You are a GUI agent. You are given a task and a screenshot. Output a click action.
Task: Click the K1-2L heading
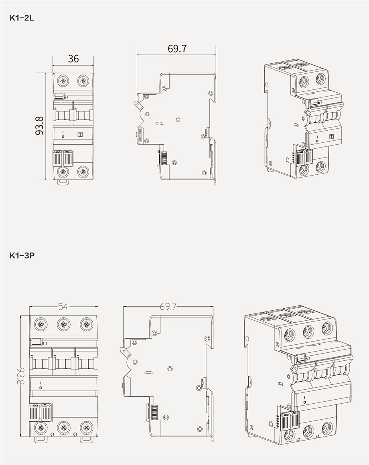pos(22,18)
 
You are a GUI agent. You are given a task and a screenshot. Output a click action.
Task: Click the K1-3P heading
pos(22,255)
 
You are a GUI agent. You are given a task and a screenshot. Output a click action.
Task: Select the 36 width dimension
pos(73,59)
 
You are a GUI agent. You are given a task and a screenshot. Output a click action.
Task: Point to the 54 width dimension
pos(63,307)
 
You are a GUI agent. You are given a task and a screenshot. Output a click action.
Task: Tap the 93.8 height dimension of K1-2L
pos(39,126)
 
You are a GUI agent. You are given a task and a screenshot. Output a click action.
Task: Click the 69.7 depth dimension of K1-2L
pos(177,49)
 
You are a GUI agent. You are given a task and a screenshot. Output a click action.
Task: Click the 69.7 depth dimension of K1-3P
pos(168,307)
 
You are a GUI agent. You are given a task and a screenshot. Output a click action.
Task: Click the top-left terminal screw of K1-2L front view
pos(63,81)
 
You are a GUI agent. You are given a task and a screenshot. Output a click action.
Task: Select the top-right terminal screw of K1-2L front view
pos(83,81)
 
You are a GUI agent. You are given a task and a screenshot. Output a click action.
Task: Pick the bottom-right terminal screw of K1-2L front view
pos(83,171)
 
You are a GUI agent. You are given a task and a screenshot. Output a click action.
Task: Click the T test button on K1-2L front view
pos(79,135)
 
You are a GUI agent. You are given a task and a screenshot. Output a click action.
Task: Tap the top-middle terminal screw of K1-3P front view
pos(63,324)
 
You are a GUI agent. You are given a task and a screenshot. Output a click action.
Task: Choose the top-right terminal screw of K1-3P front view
pos(86,324)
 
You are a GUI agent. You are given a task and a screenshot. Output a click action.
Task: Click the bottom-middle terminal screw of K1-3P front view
pos(63,427)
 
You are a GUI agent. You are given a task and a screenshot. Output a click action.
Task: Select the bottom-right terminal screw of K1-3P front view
pos(86,427)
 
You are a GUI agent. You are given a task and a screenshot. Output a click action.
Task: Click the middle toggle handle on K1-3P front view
pos(63,363)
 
